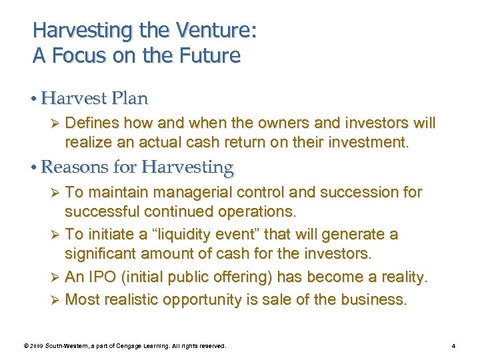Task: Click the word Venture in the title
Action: [x=212, y=30]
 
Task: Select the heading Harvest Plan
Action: [x=94, y=99]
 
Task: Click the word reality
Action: [x=397, y=277]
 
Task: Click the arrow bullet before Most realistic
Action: [x=55, y=300]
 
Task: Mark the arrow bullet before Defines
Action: [x=55, y=124]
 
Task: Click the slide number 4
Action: [x=453, y=346]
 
